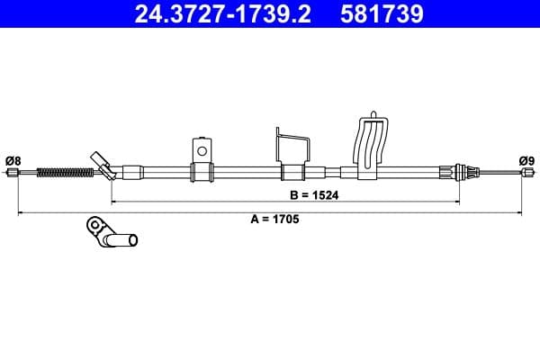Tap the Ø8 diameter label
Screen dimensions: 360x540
pyautogui.click(x=13, y=161)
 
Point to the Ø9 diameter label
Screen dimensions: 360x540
pyautogui.click(x=526, y=161)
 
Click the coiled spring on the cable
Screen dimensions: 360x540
pyautogui.click(x=62, y=171)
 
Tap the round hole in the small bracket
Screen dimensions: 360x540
pyautogui.click(x=202, y=149)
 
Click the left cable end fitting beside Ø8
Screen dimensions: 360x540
pyautogui.click(x=23, y=173)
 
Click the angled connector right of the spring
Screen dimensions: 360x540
pyautogui.click(x=104, y=166)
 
